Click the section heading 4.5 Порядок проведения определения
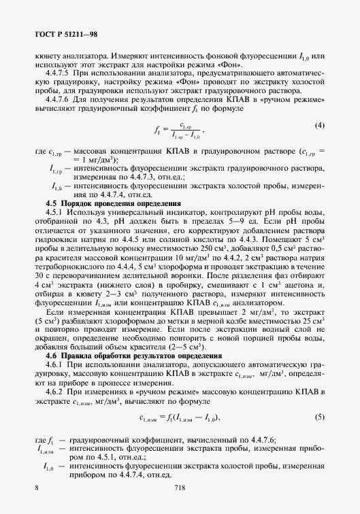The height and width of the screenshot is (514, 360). pyautogui.click(x=112, y=203)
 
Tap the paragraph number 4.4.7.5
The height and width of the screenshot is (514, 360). pyautogui.click(x=60, y=71)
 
